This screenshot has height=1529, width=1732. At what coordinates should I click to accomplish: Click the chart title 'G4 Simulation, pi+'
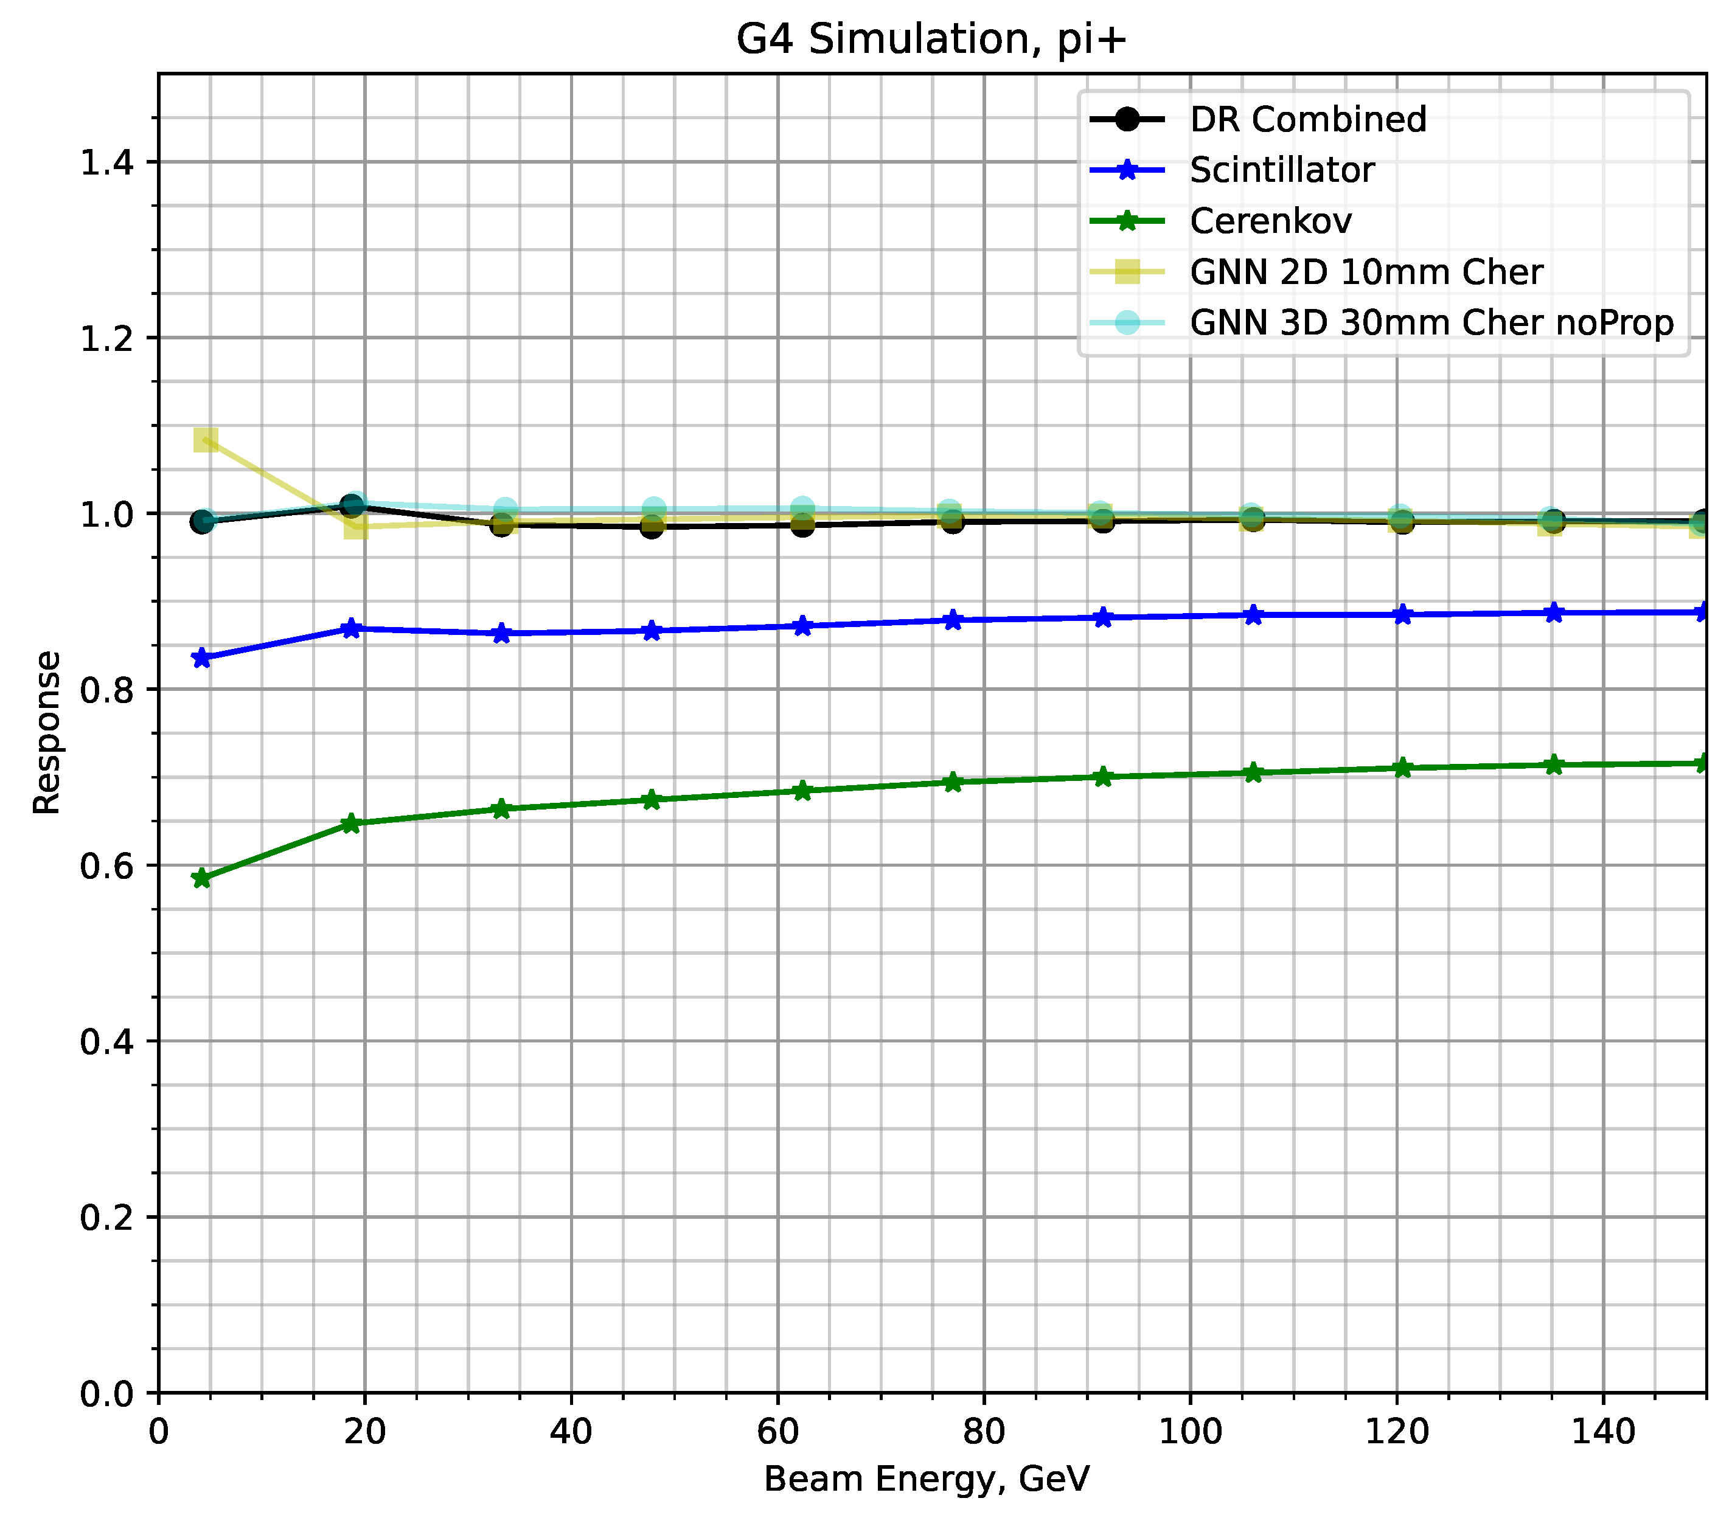[931, 40]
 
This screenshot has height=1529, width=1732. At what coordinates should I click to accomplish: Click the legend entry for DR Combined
[1307, 119]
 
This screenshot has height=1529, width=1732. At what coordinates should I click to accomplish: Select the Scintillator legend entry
[1281, 170]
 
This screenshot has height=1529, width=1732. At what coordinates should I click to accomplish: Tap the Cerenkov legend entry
[1270, 221]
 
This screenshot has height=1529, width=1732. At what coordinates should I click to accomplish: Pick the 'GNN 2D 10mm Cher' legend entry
[1366, 272]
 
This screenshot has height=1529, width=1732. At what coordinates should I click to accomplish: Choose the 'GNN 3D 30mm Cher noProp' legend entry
[1431, 323]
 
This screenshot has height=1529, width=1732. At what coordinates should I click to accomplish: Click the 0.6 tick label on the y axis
[108, 865]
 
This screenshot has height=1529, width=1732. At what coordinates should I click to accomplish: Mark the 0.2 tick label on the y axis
[108, 1217]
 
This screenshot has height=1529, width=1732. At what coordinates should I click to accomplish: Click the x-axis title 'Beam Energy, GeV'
[926, 1479]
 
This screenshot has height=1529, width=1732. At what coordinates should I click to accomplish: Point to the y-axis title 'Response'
[47, 733]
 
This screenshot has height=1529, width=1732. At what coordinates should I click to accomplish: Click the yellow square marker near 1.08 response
[206, 440]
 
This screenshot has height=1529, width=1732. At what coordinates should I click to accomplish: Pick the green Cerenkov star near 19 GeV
[351, 823]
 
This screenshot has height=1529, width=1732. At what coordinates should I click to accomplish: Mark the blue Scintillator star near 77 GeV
[953, 620]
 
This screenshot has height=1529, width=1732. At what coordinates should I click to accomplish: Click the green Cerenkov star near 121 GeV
[1402, 768]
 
